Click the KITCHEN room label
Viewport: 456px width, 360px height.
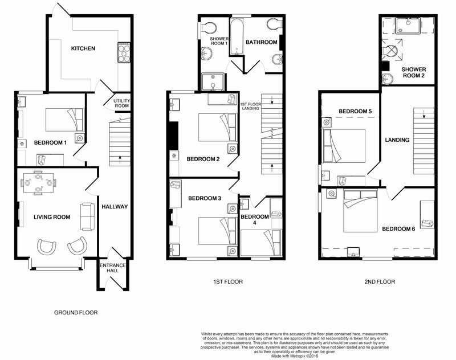coord(83,48)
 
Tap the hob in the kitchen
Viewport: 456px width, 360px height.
coord(124,52)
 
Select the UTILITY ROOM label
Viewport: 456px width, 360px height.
coord(121,103)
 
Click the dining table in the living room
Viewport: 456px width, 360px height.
coord(38,183)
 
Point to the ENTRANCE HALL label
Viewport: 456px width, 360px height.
coord(112,268)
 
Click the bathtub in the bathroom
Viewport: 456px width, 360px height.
coord(237,37)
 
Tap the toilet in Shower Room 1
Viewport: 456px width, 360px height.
coord(209,28)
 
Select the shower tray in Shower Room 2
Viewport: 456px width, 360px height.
coord(408,25)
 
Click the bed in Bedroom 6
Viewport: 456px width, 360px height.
coord(360,211)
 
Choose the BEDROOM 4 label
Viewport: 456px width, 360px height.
coord(254,220)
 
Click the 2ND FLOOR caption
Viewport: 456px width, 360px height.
coord(380,281)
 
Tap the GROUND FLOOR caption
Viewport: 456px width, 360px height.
coord(76,313)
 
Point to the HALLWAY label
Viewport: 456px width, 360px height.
coord(115,207)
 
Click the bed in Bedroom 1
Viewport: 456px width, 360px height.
coord(64,120)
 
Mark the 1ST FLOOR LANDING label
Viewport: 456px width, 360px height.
coord(250,106)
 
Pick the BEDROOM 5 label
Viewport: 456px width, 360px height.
coord(355,111)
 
